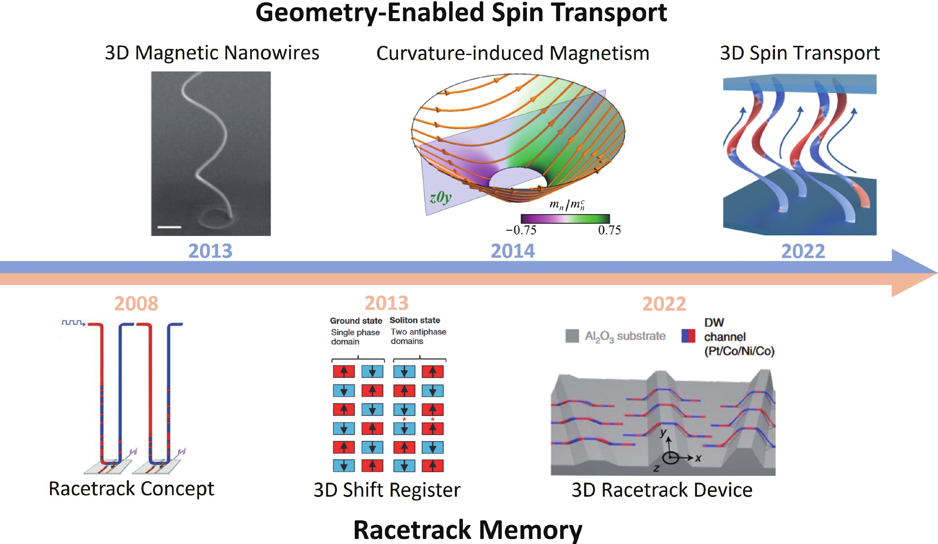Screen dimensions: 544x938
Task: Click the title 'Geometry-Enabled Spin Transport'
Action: click(461, 13)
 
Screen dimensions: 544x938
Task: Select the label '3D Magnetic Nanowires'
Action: click(212, 53)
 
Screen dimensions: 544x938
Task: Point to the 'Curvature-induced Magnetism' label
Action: click(512, 53)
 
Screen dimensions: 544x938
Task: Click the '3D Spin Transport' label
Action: click(800, 53)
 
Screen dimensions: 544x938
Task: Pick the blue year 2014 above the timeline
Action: click(512, 251)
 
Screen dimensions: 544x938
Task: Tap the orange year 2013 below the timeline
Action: click(387, 303)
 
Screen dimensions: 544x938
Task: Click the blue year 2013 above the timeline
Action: click(210, 251)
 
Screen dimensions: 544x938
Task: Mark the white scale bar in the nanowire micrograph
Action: click(169, 226)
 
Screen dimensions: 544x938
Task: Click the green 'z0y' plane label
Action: click(440, 197)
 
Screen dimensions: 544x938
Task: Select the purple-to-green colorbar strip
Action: click(565, 218)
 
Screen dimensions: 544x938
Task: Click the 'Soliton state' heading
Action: click(415, 321)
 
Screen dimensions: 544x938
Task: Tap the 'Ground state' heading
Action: click(356, 321)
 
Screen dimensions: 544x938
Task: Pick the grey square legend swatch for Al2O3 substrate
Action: click(572, 336)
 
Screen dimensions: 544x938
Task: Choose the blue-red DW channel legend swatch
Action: click(688, 336)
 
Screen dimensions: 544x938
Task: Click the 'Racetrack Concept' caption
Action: click(131, 489)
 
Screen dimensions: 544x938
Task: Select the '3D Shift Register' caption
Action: click(387, 490)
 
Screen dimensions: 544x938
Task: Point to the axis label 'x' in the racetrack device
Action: click(698, 458)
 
